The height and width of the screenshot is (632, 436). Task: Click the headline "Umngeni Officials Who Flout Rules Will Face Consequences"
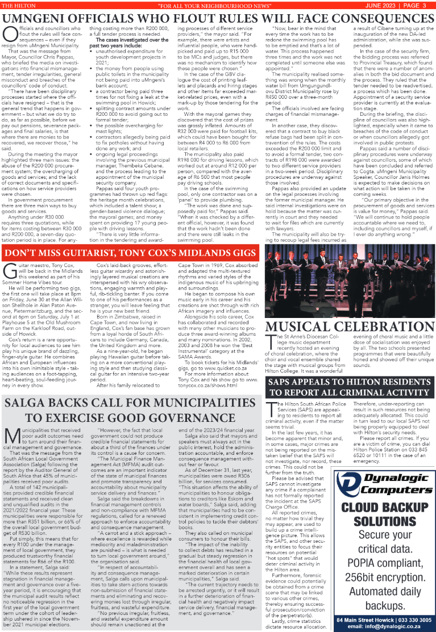coord(218,17)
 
